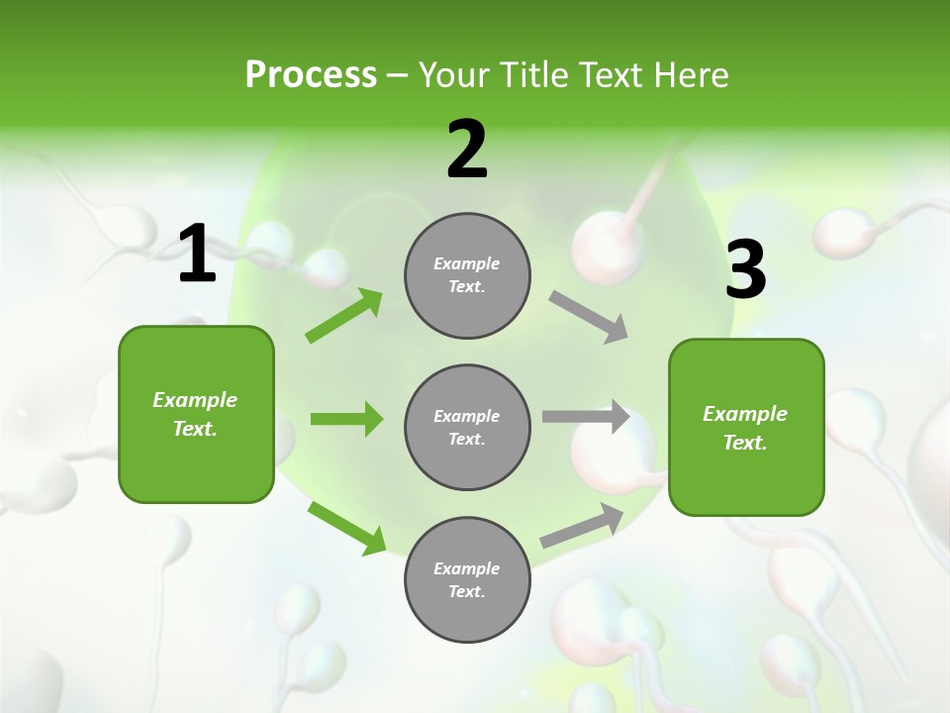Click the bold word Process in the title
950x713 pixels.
311,74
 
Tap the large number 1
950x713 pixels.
197,255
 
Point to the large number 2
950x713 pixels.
467,149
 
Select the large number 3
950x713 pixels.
745,269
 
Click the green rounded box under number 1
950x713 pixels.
196,414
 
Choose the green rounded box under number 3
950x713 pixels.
746,427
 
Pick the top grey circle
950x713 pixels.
467,275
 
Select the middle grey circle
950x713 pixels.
467,427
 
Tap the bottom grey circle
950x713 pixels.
467,579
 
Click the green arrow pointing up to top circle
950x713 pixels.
343,316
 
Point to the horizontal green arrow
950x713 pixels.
346,419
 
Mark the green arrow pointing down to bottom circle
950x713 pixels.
346,527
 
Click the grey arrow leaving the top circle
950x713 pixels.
589,317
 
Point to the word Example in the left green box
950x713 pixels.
195,400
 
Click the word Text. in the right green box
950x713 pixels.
745,443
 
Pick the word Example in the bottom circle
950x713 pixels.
466,568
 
